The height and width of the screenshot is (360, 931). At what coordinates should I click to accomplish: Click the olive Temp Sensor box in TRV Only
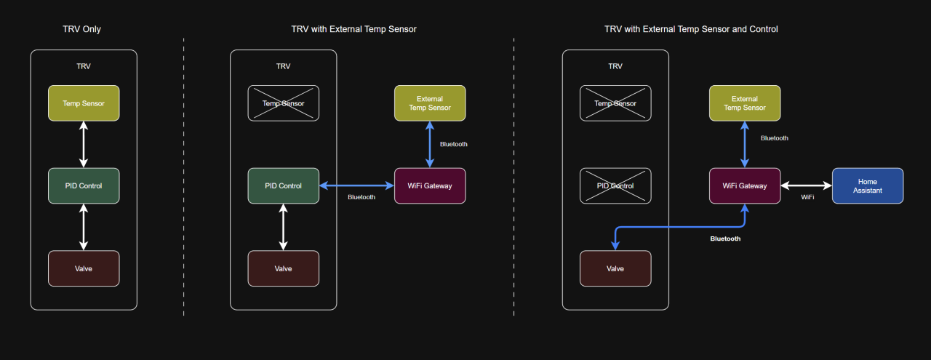click(x=84, y=103)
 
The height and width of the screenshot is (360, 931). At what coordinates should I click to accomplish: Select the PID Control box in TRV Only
click(x=84, y=185)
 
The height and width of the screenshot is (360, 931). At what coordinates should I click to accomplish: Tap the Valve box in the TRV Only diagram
click(x=84, y=268)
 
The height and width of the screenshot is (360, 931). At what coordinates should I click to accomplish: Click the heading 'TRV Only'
click(x=82, y=29)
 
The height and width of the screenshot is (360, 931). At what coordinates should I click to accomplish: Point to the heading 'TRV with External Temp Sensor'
click(x=353, y=29)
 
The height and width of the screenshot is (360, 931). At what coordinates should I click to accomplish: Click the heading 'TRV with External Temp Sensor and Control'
click(x=691, y=29)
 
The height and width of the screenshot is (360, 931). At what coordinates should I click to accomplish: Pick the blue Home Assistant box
click(x=867, y=185)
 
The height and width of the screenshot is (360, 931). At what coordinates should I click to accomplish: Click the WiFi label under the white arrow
click(x=807, y=197)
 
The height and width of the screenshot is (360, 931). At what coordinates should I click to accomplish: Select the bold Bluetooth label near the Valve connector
click(x=725, y=239)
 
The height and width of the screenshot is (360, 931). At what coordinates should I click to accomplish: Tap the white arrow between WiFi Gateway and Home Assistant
click(x=806, y=185)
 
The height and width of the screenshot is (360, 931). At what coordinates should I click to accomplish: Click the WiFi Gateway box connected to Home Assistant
click(x=744, y=185)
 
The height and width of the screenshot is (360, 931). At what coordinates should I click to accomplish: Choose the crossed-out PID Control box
click(x=615, y=185)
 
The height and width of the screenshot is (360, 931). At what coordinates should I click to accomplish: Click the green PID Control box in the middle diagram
click(x=284, y=185)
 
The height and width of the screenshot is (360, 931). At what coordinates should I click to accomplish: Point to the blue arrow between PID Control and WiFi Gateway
click(x=356, y=185)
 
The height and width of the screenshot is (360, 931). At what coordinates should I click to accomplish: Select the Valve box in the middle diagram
click(x=284, y=268)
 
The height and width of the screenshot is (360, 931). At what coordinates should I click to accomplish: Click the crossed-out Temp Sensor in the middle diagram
click(x=284, y=103)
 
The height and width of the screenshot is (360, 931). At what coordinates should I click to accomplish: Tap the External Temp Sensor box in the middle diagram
click(x=429, y=103)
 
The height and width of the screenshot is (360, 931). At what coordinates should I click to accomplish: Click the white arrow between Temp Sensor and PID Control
click(x=84, y=144)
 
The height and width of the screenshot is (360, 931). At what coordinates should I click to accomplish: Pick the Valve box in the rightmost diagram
click(x=615, y=268)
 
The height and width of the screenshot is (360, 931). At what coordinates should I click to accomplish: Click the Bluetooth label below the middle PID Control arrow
click(x=361, y=197)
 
